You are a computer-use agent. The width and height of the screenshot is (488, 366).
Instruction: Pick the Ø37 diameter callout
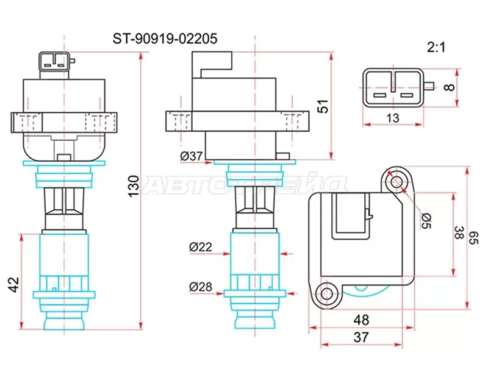tap(192, 156)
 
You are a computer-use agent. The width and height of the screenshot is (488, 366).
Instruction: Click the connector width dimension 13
tap(393, 118)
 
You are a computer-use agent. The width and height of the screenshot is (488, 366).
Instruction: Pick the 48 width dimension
tap(361, 319)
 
